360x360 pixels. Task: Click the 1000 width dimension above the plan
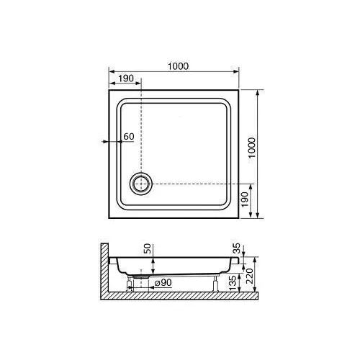pyautogui.click(x=178, y=66)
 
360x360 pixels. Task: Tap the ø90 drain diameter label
pyautogui.click(x=162, y=282)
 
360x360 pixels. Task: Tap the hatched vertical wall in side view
pyautogui.click(x=103, y=270)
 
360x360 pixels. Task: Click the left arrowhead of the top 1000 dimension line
pyautogui.click(x=112, y=72)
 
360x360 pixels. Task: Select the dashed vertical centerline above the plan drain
pyautogui.click(x=141, y=130)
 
